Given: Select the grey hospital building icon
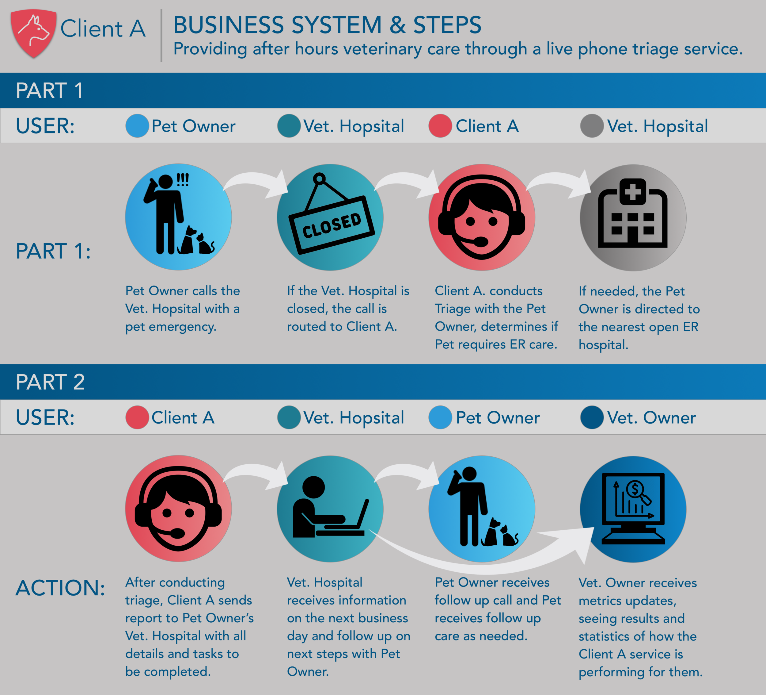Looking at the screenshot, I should pyautogui.click(x=633, y=217).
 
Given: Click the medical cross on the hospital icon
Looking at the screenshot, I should pyautogui.click(x=633, y=191).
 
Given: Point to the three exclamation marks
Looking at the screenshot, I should pyautogui.click(x=183, y=179).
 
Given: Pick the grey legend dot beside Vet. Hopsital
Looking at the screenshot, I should pyautogui.click(x=592, y=125).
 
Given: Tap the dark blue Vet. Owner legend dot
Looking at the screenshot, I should pyautogui.click(x=592, y=417).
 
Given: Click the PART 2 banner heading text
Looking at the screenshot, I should pyautogui.click(x=50, y=382).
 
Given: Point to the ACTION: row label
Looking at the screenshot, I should pyautogui.click(x=60, y=588).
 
